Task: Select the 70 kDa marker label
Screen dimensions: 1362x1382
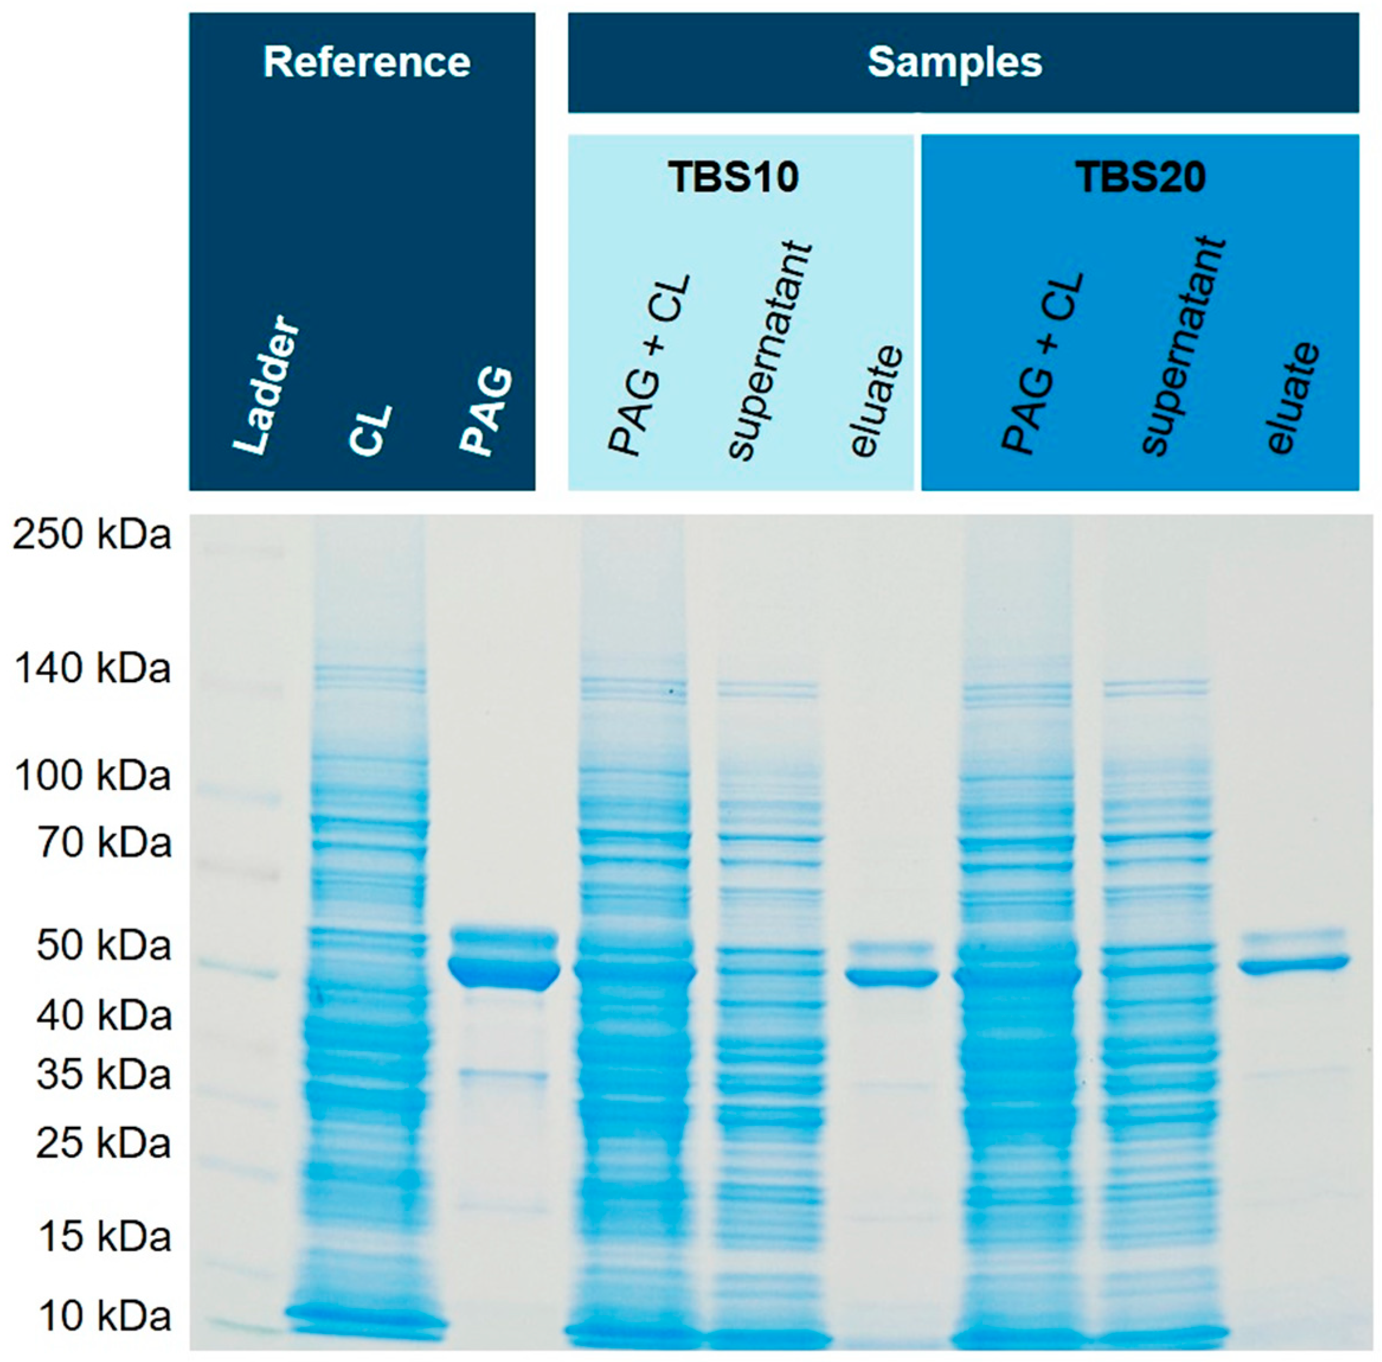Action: click(x=104, y=843)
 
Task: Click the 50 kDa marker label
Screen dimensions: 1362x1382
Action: click(x=104, y=946)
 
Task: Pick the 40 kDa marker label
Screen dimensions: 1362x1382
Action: click(x=104, y=1015)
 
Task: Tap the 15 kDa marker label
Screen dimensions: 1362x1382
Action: click(x=104, y=1237)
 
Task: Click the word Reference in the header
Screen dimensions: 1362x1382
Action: click(x=367, y=62)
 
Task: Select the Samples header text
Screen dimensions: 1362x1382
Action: click(x=954, y=63)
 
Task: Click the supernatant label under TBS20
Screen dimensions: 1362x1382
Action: click(x=1183, y=347)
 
